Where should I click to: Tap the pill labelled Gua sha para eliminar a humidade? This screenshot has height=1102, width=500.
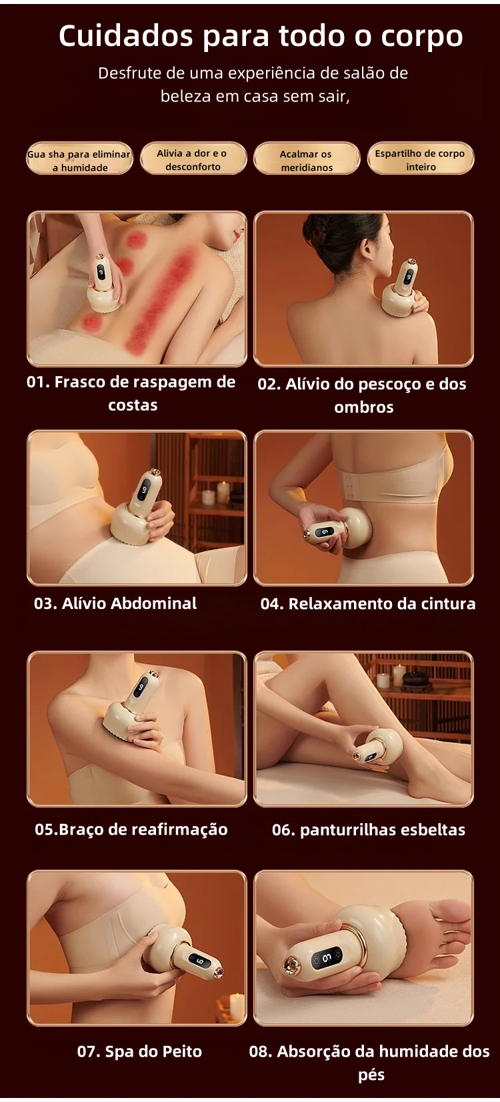(x=79, y=159)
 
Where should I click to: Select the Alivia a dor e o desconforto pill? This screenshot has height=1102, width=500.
(x=193, y=159)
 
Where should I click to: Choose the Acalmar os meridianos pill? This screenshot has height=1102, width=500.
(x=306, y=159)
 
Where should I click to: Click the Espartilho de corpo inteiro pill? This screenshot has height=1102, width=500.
(x=421, y=159)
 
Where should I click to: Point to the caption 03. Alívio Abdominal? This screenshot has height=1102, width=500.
(x=115, y=603)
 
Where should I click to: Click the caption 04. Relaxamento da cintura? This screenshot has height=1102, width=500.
(x=368, y=604)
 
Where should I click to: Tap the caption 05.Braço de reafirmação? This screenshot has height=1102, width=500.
(x=131, y=829)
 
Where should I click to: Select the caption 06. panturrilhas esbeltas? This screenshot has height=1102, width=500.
(x=368, y=830)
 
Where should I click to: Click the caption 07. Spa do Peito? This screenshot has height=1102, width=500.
(x=139, y=1052)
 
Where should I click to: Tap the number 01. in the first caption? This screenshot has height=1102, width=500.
(x=39, y=382)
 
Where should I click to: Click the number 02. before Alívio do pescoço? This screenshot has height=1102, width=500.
(x=269, y=384)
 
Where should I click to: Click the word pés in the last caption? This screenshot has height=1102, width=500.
(x=371, y=1075)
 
